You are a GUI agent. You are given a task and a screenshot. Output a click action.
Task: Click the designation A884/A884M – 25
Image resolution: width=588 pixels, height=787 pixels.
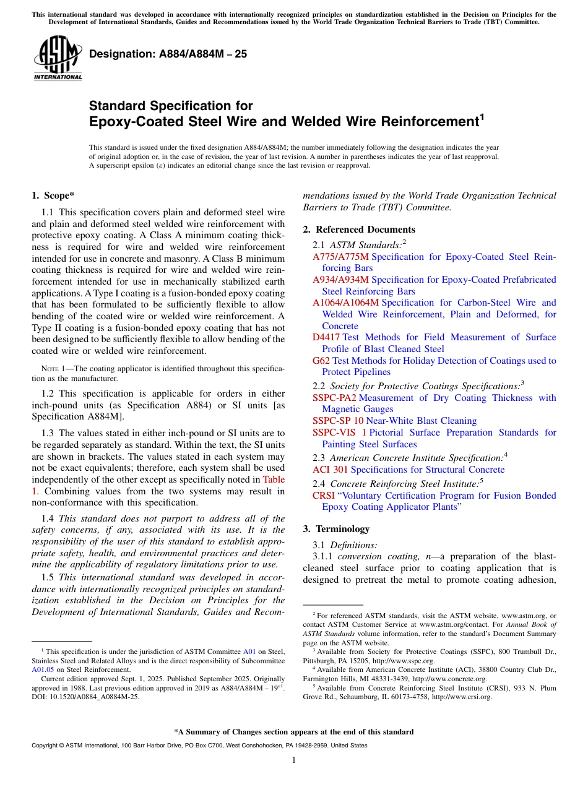click(168, 54)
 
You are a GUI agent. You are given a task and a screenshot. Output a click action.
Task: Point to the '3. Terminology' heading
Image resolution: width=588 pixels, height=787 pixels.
click(336, 529)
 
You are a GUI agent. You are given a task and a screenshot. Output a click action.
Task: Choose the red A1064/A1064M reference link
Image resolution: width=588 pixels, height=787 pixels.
click(345, 303)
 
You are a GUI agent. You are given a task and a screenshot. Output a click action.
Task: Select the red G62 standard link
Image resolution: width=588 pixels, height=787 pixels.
click(321, 361)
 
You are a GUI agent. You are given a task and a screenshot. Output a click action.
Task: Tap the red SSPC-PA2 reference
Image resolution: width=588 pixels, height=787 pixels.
click(334, 398)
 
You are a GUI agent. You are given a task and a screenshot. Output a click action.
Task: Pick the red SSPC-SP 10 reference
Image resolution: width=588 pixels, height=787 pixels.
click(338, 421)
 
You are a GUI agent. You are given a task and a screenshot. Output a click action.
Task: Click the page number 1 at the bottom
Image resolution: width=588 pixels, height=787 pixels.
click(294, 760)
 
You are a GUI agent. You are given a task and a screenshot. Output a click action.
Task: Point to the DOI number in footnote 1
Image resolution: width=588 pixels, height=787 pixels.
click(85, 697)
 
